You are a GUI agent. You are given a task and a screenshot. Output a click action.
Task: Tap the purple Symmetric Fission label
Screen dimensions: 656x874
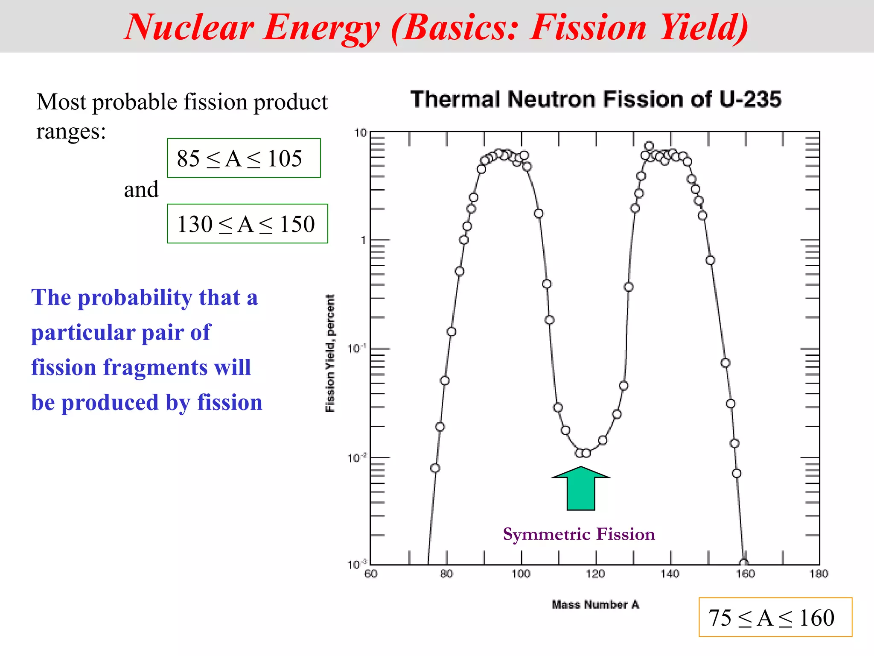[579, 534]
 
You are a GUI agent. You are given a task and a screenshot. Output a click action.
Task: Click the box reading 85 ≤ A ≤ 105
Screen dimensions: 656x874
[244, 158]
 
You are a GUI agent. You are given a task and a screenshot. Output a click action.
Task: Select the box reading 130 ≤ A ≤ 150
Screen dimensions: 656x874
[247, 224]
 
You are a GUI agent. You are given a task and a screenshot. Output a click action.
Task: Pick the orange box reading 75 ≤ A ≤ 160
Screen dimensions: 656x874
[775, 617]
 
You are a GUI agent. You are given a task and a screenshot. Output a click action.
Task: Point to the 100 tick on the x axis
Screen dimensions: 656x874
[521, 574]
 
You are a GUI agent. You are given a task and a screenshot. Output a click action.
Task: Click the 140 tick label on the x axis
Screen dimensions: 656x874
[670, 574]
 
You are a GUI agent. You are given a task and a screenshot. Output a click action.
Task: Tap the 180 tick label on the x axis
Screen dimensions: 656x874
[819, 574]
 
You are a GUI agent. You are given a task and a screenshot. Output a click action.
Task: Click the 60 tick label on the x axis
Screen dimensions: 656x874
[371, 574]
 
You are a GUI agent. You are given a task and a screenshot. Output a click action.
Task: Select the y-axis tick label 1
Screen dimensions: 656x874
[364, 240]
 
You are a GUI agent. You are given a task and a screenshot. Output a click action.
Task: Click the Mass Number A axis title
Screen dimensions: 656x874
[595, 605]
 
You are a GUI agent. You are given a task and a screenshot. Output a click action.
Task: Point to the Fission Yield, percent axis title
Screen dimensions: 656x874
[330, 353]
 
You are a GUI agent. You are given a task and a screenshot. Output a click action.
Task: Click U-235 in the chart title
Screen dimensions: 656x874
[750, 99]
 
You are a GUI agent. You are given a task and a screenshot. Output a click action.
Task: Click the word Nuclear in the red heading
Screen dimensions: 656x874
[189, 27]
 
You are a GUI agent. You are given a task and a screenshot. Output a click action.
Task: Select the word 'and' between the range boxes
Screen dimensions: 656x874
[141, 189]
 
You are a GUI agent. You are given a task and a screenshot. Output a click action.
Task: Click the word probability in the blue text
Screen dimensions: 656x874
[135, 297]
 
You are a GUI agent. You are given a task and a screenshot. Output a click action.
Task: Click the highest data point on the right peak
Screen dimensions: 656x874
[649, 146]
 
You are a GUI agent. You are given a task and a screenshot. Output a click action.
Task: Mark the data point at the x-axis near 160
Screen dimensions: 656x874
[744, 563]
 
